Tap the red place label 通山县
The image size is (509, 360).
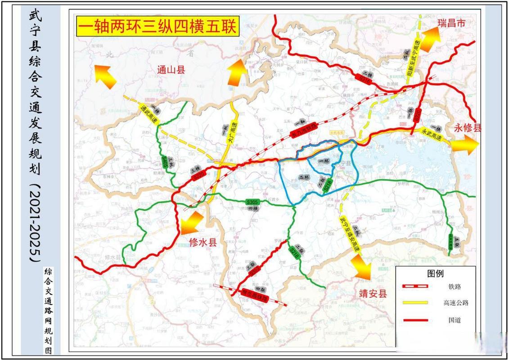(171, 70)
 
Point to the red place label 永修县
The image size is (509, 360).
(468, 127)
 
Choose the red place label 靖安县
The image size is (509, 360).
(373, 294)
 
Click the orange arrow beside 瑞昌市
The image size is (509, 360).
(432, 35)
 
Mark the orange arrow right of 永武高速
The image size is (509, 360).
(464, 144)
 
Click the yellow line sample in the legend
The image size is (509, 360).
(414, 303)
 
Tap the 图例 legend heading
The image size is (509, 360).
(435, 273)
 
